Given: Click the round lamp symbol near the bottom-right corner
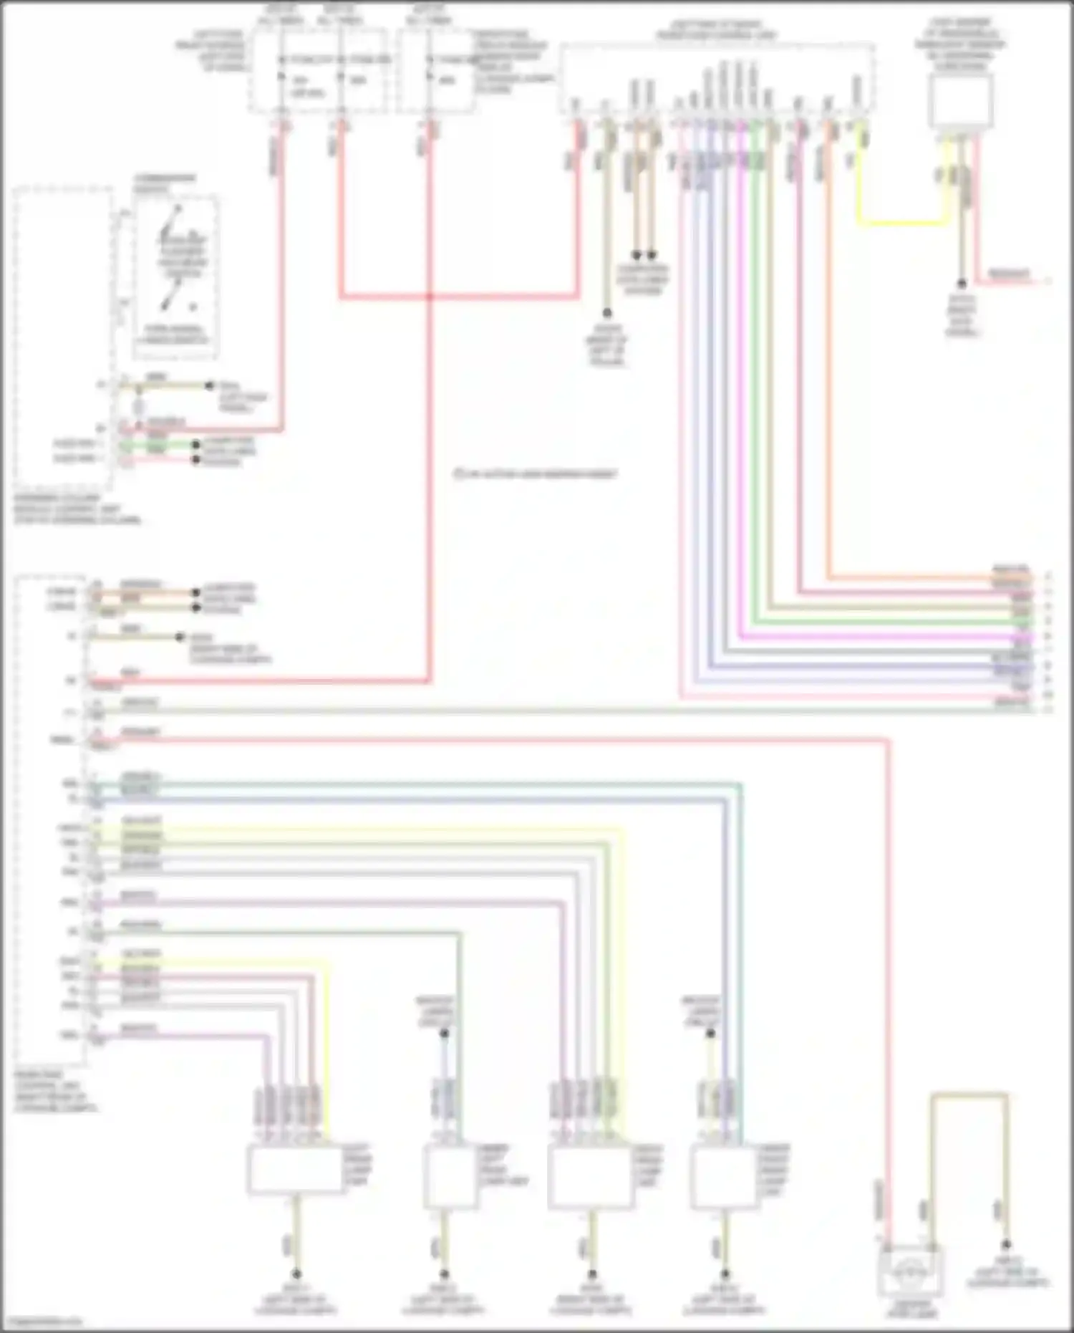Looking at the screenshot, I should [911, 1271].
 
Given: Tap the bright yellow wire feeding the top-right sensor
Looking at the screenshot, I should [902, 223].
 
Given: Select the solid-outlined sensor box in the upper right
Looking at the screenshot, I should [960, 100].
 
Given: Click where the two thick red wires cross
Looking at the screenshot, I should [430, 295].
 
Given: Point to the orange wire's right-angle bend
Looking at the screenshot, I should [829, 577].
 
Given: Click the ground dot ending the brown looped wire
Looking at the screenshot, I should [1006, 1245].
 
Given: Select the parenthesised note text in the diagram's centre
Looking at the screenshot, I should [535, 473].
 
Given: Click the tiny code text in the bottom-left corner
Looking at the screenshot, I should [42, 1321].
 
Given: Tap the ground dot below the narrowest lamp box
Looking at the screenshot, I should [444, 1274].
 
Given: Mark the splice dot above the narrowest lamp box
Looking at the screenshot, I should [444, 1034].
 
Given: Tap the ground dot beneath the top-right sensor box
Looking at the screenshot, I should [962, 284].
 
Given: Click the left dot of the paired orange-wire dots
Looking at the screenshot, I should [636, 254].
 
